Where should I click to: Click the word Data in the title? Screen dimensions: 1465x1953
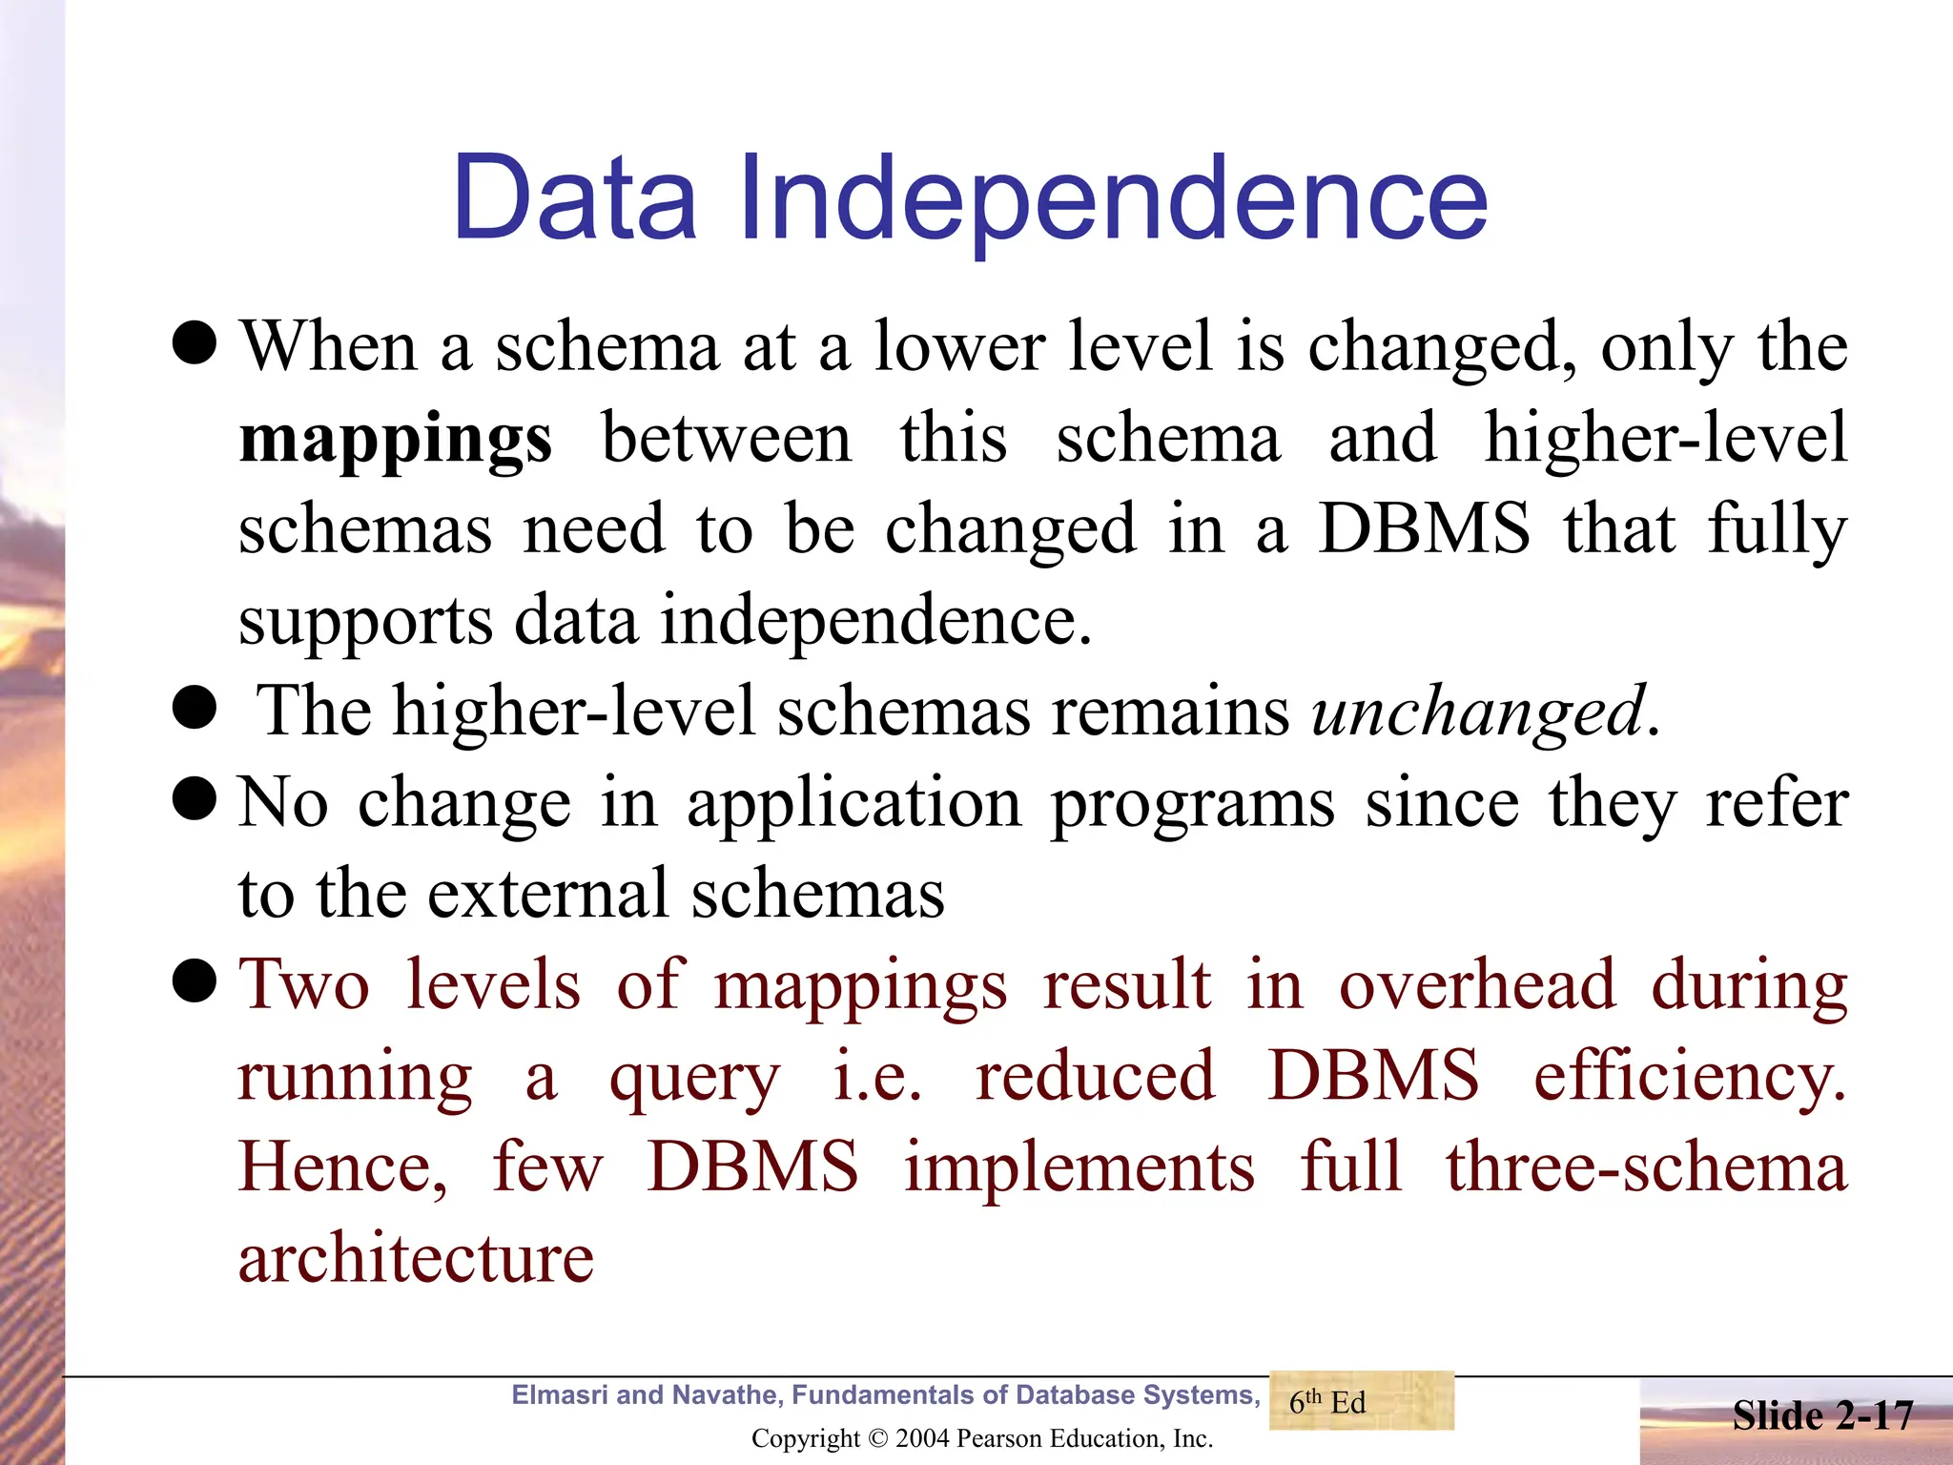point(575,198)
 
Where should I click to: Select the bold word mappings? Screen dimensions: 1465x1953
point(395,441)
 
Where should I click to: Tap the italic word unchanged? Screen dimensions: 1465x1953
point(1478,712)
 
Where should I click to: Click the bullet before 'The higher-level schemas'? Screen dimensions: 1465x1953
point(195,708)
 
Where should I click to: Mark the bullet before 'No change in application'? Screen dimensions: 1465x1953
point(195,799)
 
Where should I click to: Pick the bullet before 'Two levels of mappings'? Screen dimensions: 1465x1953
point(195,981)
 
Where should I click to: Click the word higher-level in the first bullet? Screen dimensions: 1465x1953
point(1666,439)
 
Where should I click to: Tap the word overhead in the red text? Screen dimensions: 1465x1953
point(1477,983)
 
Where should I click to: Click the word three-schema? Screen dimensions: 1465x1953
point(1646,1167)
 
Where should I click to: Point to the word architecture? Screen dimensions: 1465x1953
point(416,1258)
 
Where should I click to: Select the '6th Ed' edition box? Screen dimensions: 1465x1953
point(1361,1401)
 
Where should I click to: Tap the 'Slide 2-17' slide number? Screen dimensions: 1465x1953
point(1822,1415)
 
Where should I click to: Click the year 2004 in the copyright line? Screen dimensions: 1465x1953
point(922,1438)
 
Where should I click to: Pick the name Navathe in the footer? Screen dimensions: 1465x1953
point(728,1395)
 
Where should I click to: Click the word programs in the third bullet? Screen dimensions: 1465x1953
point(1192,803)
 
